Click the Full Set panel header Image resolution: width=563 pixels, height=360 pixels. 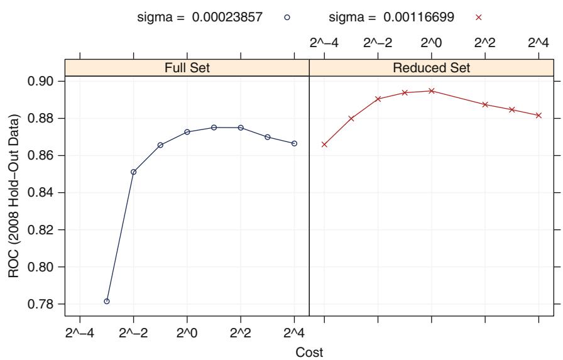coord(187,68)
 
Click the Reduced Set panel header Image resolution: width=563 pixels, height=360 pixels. coord(434,68)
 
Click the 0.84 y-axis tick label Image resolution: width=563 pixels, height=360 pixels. coord(44,193)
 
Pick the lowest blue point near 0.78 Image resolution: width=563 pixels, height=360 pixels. coord(107,302)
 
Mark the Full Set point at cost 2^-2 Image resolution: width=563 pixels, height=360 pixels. coord(133,172)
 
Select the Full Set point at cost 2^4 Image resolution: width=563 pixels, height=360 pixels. coord(294,144)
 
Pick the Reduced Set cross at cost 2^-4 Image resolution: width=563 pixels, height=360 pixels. coord(324,145)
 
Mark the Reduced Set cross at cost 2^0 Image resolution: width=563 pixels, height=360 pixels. coord(432,91)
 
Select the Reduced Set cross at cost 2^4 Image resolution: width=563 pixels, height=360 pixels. coord(538,116)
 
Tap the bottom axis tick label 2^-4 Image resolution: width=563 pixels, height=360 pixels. coord(80,331)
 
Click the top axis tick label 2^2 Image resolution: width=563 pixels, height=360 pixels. coord(484,43)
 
